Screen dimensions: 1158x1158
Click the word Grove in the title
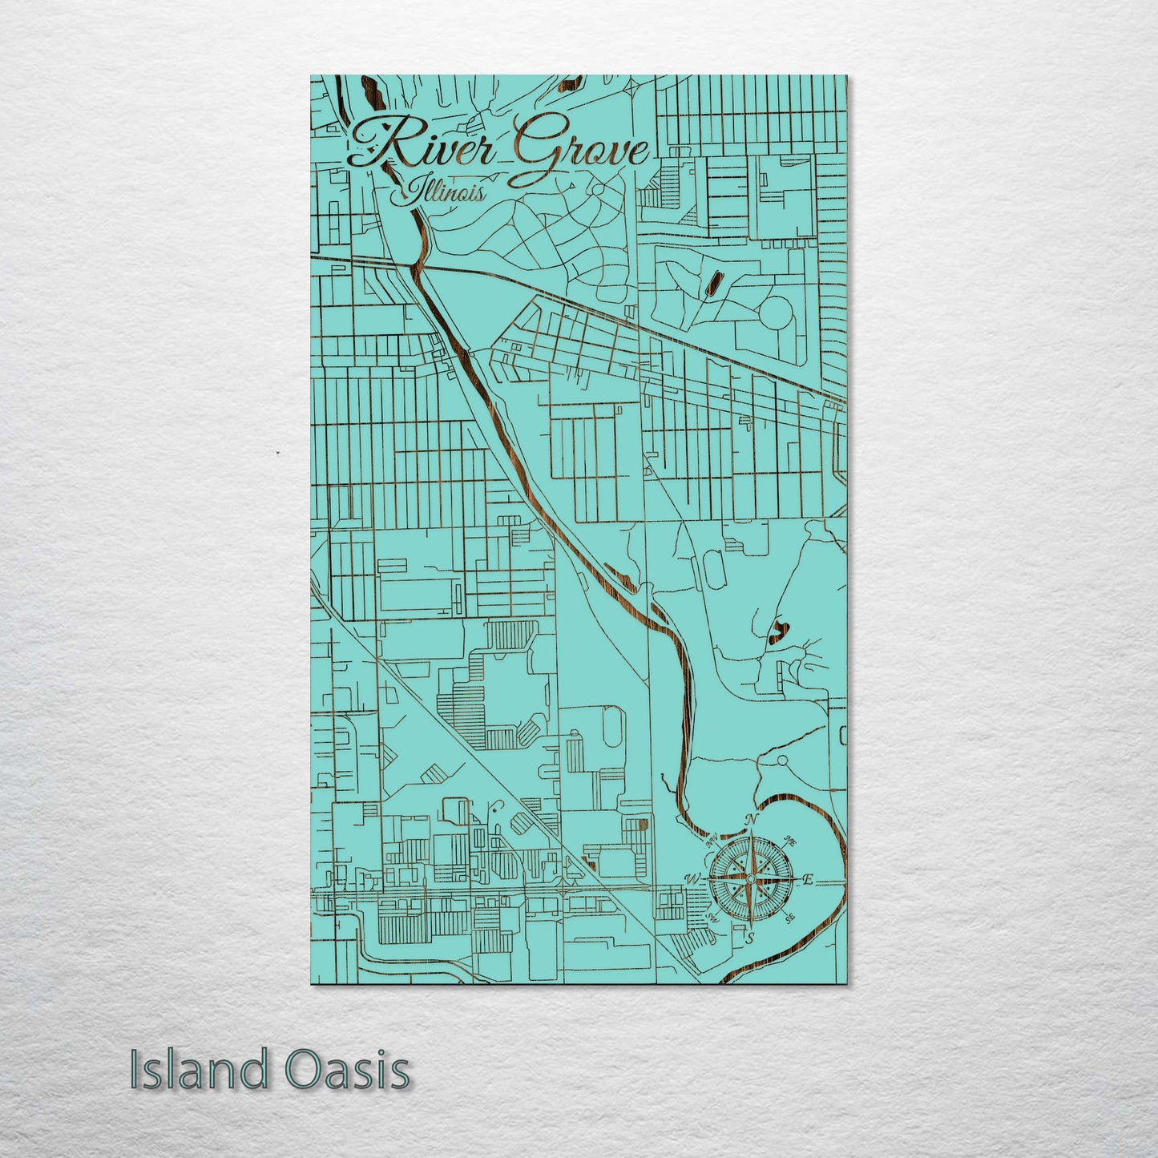click(x=574, y=152)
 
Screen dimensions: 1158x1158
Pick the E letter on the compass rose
click(x=808, y=880)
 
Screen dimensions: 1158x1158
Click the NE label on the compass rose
click(x=789, y=841)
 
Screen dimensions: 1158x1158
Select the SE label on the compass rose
click(x=789, y=918)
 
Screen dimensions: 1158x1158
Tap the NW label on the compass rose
click(x=710, y=841)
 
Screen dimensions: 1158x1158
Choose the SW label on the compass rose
click(x=710, y=918)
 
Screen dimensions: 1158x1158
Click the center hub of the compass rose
click(x=750, y=880)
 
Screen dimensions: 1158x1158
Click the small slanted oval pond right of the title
click(x=712, y=282)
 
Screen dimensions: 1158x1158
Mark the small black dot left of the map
click(x=277, y=453)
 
